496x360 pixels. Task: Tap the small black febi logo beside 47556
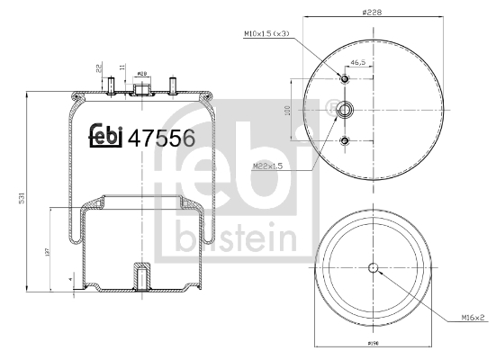[106, 137]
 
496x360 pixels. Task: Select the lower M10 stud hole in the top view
[345, 140]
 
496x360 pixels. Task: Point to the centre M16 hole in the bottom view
[374, 267]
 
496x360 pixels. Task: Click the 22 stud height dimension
[97, 68]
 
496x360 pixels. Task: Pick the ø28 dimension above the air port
[141, 75]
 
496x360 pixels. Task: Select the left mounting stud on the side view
[110, 86]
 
